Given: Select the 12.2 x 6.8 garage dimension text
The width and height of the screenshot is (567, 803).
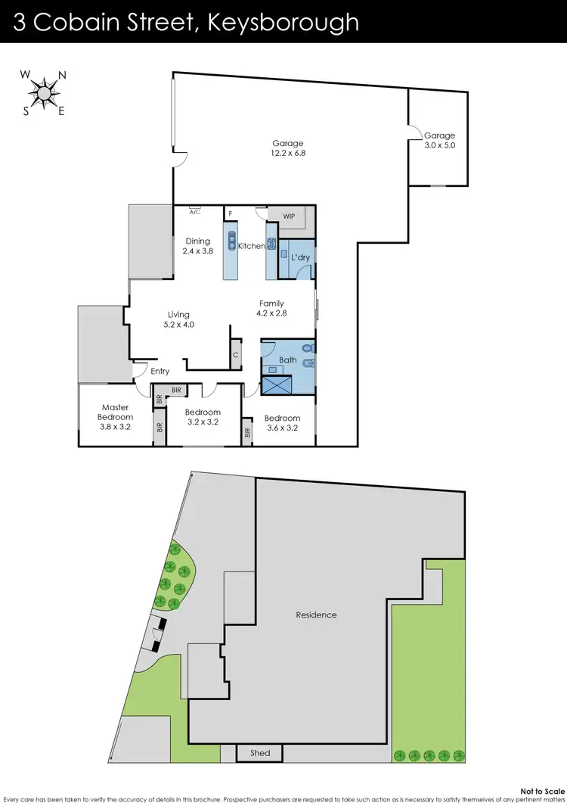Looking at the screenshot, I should pyautogui.click(x=288, y=153).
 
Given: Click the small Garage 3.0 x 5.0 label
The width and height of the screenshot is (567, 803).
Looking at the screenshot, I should pyautogui.click(x=439, y=140).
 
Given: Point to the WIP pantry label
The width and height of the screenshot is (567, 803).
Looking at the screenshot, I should pyautogui.click(x=288, y=216).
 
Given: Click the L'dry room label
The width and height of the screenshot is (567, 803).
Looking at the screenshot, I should pyautogui.click(x=300, y=258).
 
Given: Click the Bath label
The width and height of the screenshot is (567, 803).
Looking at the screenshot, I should pyautogui.click(x=287, y=360).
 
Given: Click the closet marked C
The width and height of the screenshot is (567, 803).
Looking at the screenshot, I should pyautogui.click(x=236, y=354).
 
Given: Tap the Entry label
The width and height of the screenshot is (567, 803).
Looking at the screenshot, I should pyautogui.click(x=160, y=372).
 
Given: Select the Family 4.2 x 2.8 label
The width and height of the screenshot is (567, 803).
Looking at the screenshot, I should pyautogui.click(x=271, y=308).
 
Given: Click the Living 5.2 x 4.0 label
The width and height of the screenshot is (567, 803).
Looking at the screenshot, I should pyautogui.click(x=178, y=319).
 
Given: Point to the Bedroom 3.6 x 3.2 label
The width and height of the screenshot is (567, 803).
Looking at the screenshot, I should pyautogui.click(x=282, y=422).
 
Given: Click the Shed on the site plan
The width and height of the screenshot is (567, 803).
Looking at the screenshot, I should pyautogui.click(x=259, y=753).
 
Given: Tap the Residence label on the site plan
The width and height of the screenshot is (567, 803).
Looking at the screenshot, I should pyautogui.click(x=316, y=615).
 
